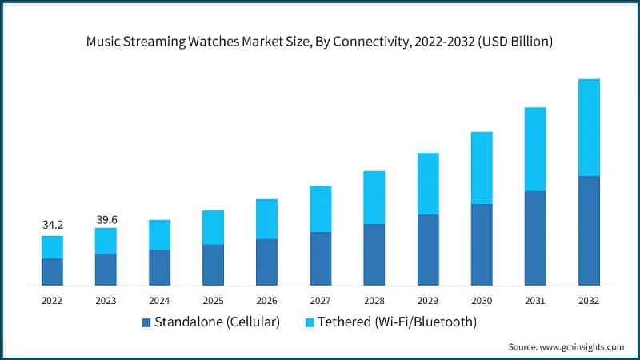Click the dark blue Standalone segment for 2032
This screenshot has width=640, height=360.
pos(589,230)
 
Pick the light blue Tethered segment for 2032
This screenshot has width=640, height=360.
pos(589,127)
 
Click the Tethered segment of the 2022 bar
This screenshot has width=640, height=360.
pos(52,247)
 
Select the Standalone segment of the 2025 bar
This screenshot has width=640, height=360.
pos(213,265)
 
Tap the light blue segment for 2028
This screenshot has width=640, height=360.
pos(374,198)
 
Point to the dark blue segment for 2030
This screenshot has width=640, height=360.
pos(482,245)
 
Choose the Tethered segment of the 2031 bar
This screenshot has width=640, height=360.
pos(535,149)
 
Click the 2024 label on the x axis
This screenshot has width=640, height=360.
pos(159,300)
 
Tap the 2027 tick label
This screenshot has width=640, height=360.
pos(320,300)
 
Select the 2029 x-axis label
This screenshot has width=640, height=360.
pos(428,300)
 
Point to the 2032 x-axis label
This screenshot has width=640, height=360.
pos(589,300)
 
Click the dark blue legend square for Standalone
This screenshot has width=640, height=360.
pos(146,322)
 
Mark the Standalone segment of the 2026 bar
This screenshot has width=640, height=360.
pos(266,262)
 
